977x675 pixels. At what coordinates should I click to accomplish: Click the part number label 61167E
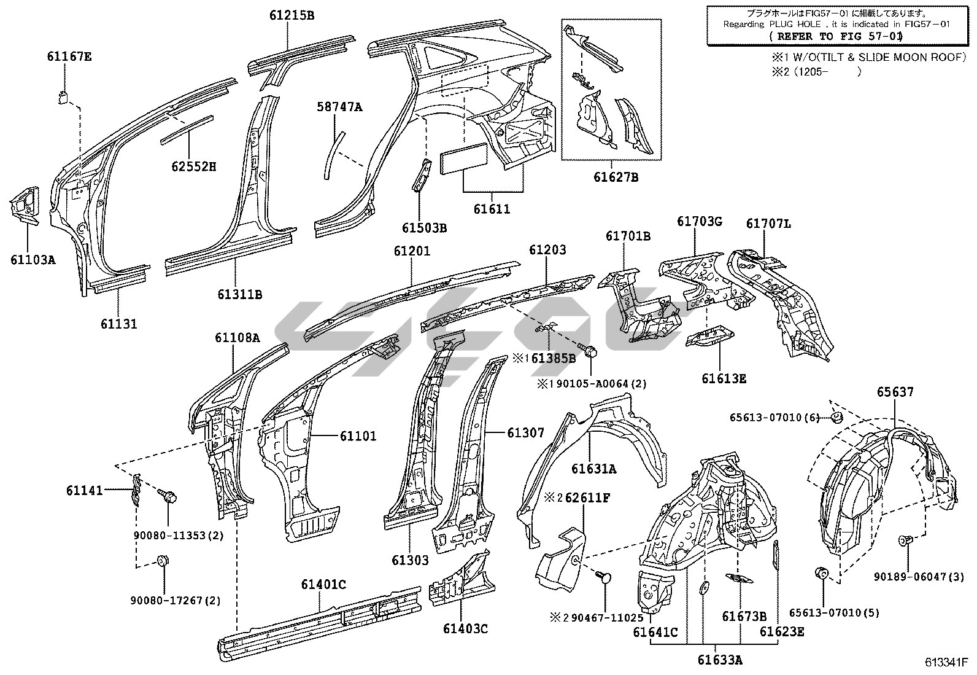69,57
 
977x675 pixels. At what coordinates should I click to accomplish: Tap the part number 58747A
339,107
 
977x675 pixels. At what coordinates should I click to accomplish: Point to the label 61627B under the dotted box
616,178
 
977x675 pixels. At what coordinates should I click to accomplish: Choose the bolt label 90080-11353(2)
179,535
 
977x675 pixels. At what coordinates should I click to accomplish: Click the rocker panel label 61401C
323,584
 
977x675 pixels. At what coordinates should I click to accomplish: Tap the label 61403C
465,628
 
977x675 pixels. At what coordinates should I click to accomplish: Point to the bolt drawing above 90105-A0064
592,352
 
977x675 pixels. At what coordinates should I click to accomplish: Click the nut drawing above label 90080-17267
163,561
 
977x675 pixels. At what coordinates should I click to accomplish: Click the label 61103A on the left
33,259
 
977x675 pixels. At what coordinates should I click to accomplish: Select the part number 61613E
724,378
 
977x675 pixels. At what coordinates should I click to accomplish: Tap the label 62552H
193,166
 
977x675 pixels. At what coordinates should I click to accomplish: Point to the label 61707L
768,224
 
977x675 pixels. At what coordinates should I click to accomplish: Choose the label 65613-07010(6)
774,417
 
